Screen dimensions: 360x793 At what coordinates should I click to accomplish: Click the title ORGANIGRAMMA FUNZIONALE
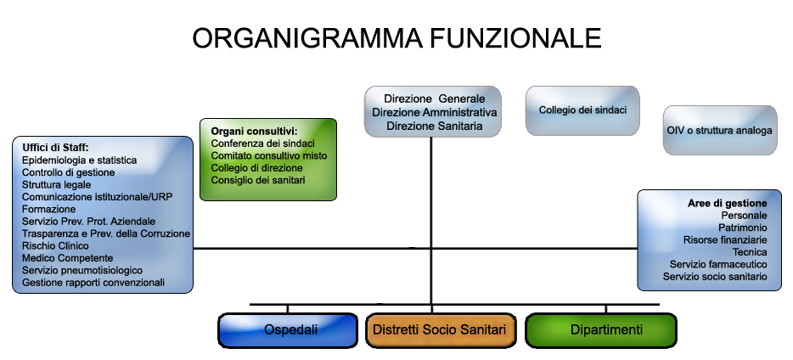[396, 38]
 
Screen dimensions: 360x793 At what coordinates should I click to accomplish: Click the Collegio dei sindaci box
[582, 110]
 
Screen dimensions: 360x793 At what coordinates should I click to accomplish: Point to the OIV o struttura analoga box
[720, 131]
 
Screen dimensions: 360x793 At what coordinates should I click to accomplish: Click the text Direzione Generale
[434, 98]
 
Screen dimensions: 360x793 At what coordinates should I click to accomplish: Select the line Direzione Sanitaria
[434, 126]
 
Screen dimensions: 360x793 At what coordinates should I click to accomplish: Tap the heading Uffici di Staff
[55, 148]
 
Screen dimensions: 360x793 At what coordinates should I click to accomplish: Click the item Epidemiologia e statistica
[79, 160]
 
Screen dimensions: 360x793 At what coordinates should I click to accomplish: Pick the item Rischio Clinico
[55, 246]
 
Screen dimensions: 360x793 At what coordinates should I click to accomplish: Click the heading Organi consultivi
[254, 132]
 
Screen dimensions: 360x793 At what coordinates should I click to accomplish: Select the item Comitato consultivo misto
[269, 156]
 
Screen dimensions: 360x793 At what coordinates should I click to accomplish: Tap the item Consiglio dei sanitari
[258, 181]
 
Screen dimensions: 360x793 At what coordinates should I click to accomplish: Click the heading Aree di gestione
[727, 204]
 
